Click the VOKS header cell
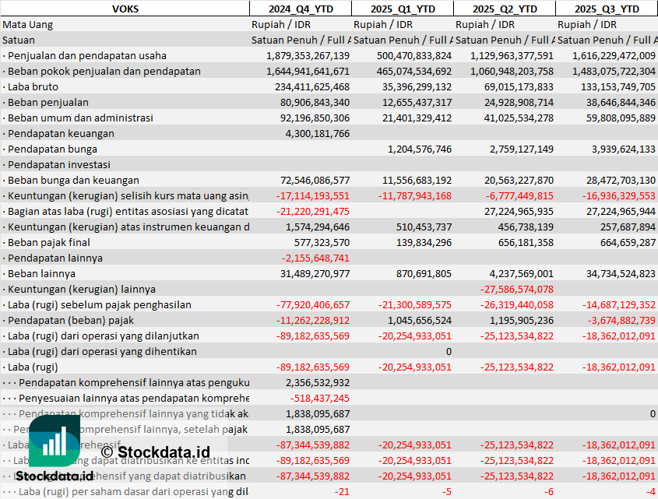click(125, 9)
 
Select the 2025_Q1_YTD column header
click(402, 9)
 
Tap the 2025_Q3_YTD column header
click(607, 9)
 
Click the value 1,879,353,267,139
click(308, 55)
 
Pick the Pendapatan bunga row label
click(51, 149)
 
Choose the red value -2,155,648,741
click(315, 258)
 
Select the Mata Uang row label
click(28, 24)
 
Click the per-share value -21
click(342, 491)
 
